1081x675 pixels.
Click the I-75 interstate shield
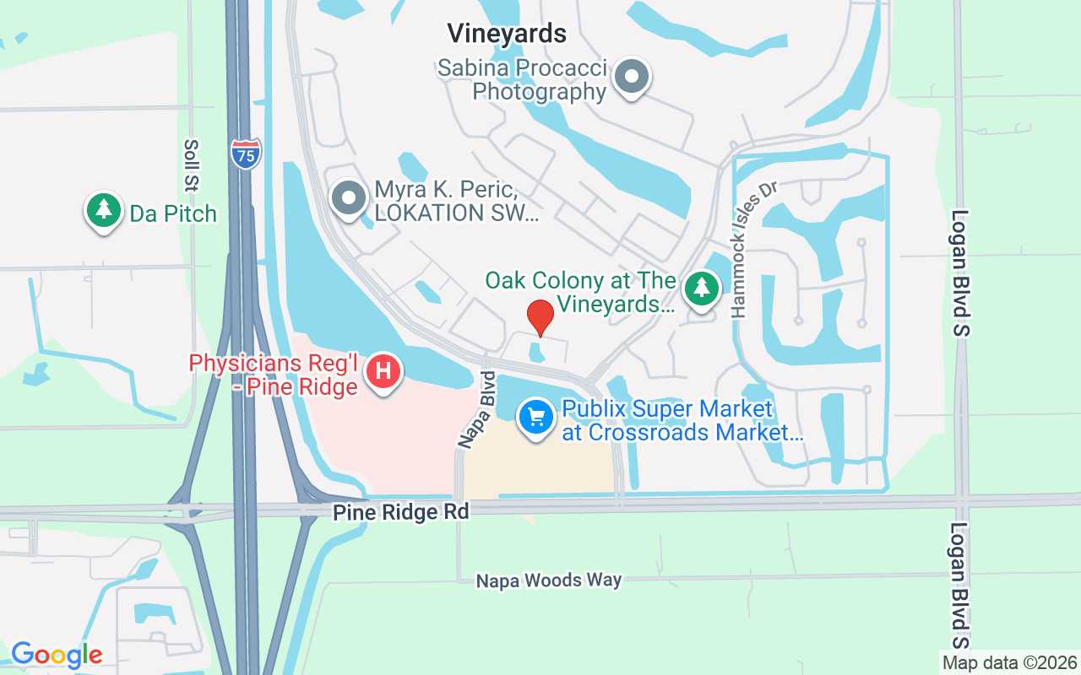(245, 154)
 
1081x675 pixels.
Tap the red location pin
(540, 317)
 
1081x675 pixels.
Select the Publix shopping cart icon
(535, 417)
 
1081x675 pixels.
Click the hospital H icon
(383, 370)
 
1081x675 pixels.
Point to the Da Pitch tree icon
(104, 211)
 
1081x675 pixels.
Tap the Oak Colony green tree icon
(701, 289)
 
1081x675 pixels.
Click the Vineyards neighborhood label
(507, 33)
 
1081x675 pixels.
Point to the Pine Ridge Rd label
(400, 512)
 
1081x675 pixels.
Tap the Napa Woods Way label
(549, 580)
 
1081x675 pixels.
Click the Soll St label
(191, 165)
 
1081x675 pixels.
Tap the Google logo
(57, 655)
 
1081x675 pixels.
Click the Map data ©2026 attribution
(1010, 663)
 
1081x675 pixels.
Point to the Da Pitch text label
(173, 213)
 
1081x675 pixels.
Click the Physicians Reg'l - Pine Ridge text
(274, 375)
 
